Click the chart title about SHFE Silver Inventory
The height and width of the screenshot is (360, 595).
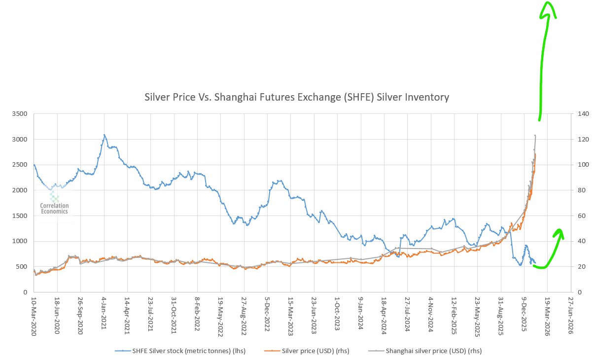(x=297, y=97)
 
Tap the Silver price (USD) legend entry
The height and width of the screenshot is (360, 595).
(x=302, y=351)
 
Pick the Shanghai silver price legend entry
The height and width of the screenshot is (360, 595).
(x=426, y=351)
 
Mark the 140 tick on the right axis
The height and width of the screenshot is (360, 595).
(x=583, y=114)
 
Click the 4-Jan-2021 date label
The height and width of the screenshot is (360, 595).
(x=104, y=316)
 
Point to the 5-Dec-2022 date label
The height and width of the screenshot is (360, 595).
(x=267, y=316)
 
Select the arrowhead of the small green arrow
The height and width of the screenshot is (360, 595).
(x=559, y=233)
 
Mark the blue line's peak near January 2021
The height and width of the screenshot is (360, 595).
(x=104, y=135)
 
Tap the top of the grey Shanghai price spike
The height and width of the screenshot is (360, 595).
(x=535, y=136)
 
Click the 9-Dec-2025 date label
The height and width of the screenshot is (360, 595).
(x=524, y=316)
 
